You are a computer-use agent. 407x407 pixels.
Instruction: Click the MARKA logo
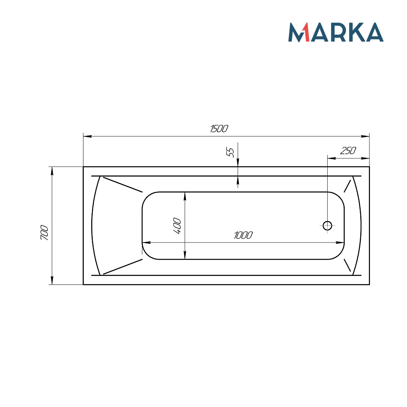[x=336, y=32]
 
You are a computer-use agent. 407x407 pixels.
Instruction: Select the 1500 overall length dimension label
[x=219, y=129]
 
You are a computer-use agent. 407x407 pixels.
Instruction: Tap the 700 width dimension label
[x=44, y=232]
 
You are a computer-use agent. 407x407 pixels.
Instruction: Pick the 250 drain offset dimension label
[x=348, y=151]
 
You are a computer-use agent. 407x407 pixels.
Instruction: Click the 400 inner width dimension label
[x=177, y=226]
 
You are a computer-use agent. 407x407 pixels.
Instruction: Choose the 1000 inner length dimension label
[x=243, y=235]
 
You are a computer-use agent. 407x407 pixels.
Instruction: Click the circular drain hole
[x=327, y=225]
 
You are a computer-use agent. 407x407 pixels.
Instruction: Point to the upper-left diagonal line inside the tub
[x=123, y=184]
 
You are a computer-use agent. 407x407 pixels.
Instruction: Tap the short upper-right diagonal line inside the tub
[x=347, y=186]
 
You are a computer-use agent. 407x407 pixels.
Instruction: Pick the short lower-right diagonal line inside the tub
[x=347, y=265]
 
